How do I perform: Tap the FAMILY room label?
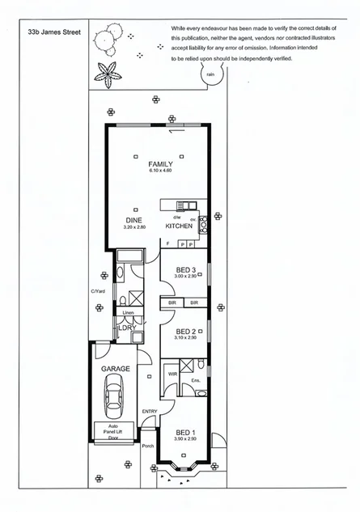pos(161,164)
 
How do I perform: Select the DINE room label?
pos(134,220)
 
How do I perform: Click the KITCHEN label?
pos(179,226)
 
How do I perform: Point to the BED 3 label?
pos(186,269)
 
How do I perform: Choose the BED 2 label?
pos(186,331)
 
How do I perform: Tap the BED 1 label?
pos(185,433)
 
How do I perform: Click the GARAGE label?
pos(116,369)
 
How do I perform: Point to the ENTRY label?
pos(150,412)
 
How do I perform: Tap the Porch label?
pos(147,446)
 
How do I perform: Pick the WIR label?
pos(172,374)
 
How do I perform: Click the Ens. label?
pos(195,380)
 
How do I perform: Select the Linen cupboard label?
pos(128,312)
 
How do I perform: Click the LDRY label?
pos(126,328)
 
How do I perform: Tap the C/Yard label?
pos(99,292)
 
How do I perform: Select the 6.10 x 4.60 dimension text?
pos(161,171)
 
